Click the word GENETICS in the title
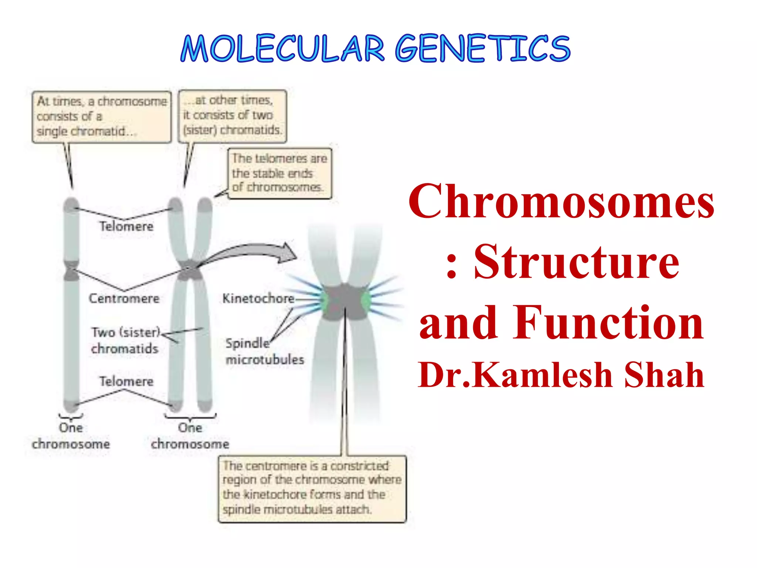pos(482,49)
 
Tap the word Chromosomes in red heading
pos(561,202)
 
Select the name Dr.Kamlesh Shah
pos(561,375)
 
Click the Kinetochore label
pos(258,298)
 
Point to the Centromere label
pos(124,298)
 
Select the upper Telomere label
pos(126,226)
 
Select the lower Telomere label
pos(126,381)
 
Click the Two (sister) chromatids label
pos(125,340)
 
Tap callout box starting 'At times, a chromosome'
pos(102,117)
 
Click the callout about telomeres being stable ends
pos(279,173)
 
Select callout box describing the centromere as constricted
pos(312,488)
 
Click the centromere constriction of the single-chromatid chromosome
pos(71,270)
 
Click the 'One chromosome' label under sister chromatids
pos(190,436)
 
